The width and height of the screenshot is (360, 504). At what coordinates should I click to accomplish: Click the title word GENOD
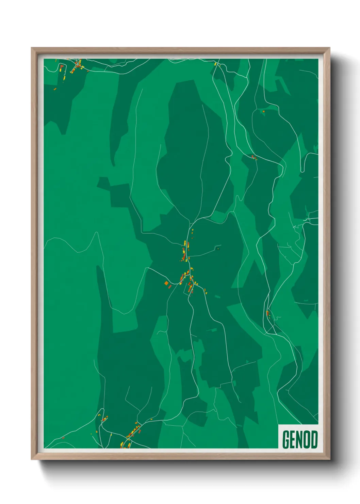(300, 439)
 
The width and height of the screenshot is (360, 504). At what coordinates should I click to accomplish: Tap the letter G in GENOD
(286, 439)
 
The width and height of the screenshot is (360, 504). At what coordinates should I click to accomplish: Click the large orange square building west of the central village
(166, 283)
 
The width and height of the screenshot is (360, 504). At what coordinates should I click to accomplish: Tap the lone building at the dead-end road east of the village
(218, 249)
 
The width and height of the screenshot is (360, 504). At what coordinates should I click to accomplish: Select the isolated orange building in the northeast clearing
(263, 111)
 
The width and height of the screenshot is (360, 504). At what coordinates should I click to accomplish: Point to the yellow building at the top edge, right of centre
(215, 64)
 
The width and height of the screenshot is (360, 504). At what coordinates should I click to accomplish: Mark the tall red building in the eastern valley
(267, 313)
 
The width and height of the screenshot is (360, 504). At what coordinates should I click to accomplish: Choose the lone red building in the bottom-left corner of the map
(63, 438)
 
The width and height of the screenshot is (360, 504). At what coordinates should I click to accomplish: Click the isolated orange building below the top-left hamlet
(55, 89)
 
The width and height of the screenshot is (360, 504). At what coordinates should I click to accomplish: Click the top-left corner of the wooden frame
(32, 48)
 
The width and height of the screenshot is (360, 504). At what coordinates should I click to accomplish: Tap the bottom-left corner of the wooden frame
(32, 459)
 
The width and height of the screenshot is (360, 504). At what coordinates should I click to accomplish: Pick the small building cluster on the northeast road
(254, 157)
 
